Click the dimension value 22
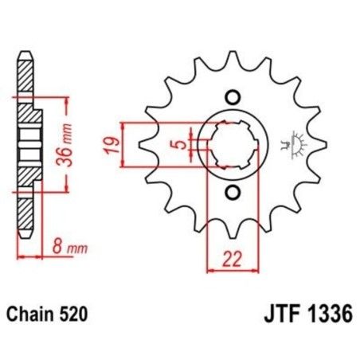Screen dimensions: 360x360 click(233, 258)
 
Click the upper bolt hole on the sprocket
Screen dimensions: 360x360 click(233, 98)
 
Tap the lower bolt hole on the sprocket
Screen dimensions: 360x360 click(233, 193)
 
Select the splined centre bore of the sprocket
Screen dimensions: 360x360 click(233, 146)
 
